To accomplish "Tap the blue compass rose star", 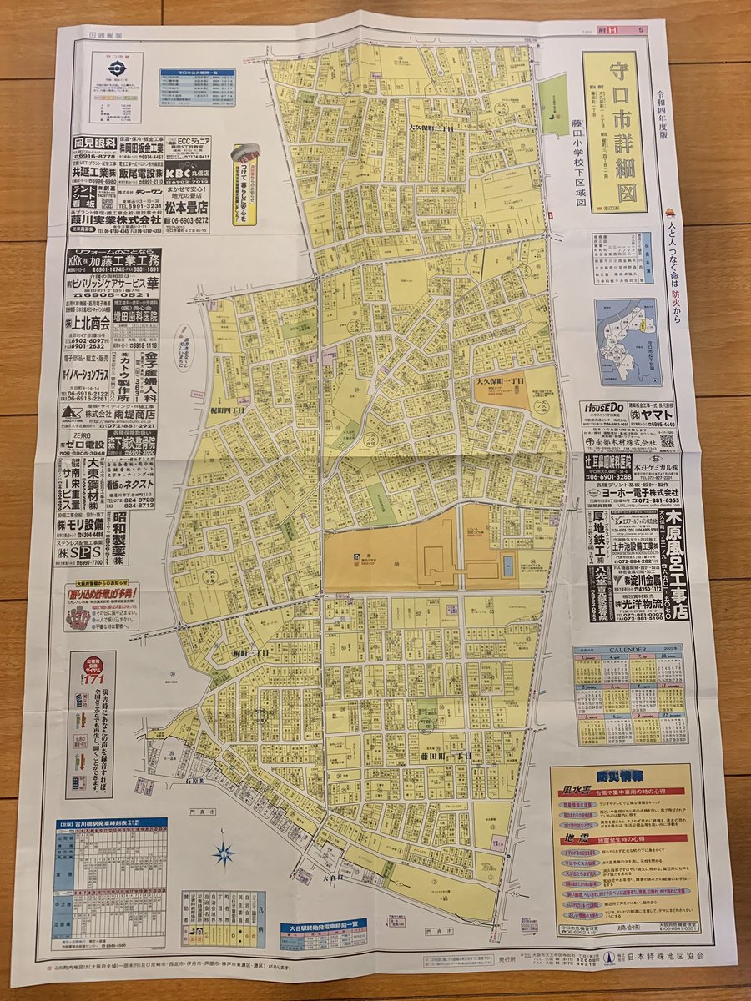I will (x=224, y=853).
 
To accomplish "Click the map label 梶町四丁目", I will (x=226, y=411).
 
